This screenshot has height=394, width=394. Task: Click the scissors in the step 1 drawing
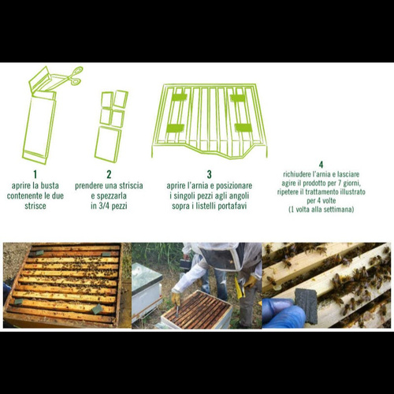(70, 76)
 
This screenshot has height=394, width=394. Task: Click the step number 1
(35, 174)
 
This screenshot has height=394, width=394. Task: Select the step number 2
(109, 174)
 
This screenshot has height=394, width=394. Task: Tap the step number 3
(209, 174)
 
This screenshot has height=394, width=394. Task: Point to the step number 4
(321, 165)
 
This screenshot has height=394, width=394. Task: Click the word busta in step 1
(49, 185)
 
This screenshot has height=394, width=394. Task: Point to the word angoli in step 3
(238, 196)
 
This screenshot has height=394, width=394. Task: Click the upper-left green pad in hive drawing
(179, 97)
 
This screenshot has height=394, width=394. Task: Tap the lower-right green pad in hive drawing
(243, 128)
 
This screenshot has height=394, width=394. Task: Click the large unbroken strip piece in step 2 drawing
(108, 143)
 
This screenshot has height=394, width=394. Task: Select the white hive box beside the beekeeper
(146, 292)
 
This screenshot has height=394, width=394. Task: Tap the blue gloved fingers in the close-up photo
(282, 313)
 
